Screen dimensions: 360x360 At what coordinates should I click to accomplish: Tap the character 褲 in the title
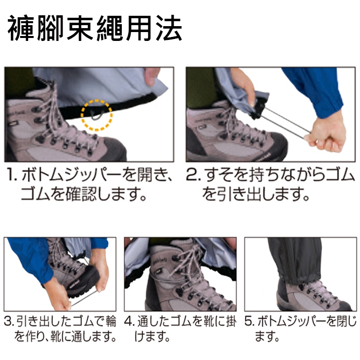coord(21,28)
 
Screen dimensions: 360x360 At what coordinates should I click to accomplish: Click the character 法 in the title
coord(168,28)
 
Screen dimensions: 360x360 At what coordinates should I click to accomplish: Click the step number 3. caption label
coord(10,322)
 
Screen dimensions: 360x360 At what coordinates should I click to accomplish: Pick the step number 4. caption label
coord(130,322)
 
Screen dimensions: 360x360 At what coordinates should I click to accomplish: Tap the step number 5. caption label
coord(250,322)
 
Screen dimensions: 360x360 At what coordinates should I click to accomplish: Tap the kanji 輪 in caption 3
coord(111,322)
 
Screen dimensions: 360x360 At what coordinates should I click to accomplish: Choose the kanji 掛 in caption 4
coord(230,322)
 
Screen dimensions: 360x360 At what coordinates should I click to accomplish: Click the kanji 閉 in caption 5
coord(342,322)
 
